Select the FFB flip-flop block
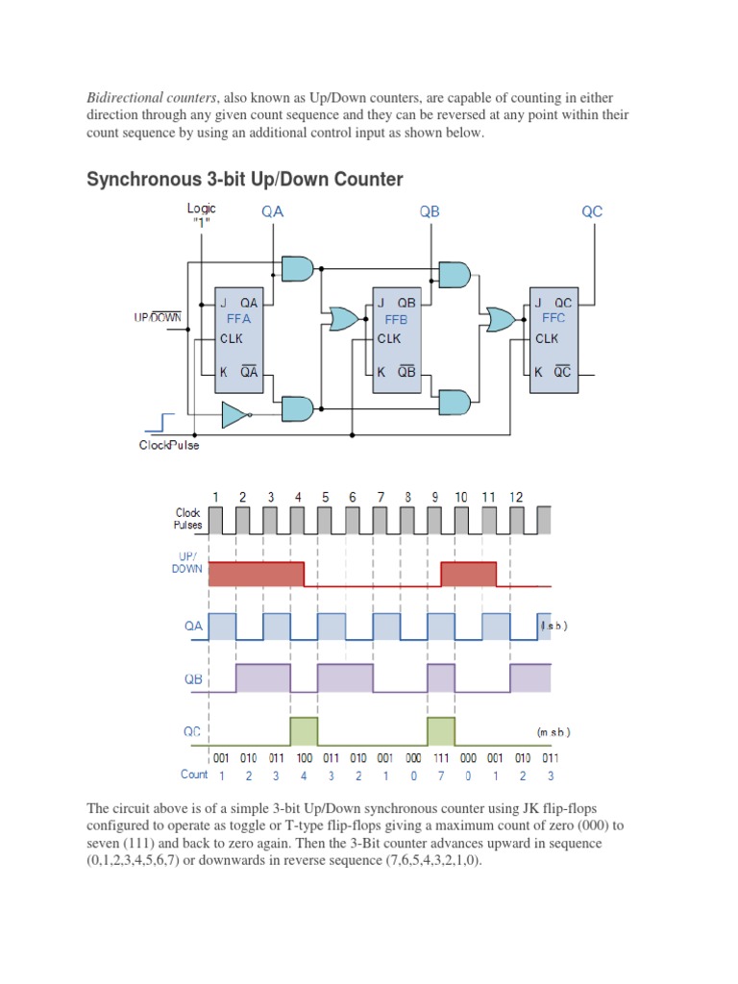point(396,338)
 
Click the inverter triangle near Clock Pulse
point(234,414)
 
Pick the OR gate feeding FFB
point(343,319)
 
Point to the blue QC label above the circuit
point(592,211)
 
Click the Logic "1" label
point(202,214)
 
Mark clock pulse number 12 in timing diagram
point(517,497)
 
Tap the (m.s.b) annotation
point(553,732)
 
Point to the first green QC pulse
point(304,730)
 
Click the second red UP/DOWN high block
point(468,574)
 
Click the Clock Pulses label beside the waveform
point(187,520)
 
